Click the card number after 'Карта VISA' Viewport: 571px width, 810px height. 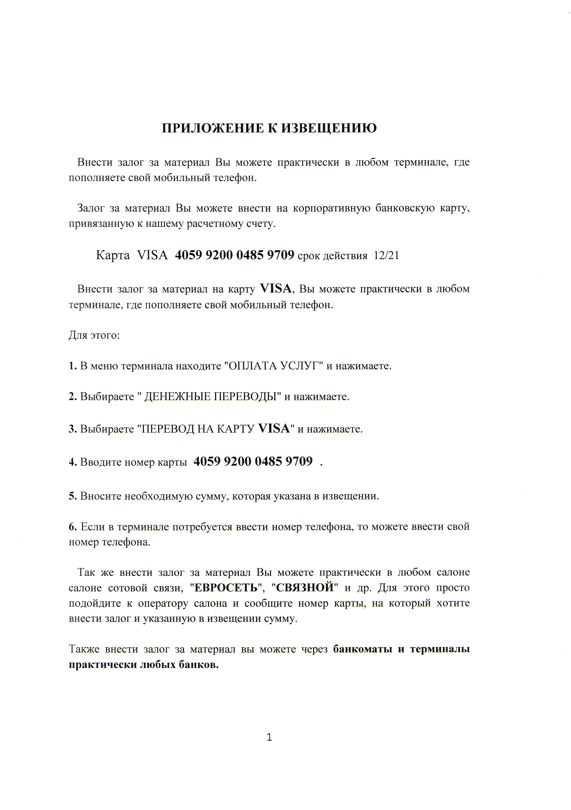click(234, 255)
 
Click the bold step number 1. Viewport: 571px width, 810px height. click(72, 366)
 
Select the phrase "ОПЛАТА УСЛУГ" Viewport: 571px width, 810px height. click(274, 366)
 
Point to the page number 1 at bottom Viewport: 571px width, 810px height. click(269, 737)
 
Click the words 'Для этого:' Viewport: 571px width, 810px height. click(94, 335)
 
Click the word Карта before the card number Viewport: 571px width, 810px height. click(113, 255)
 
